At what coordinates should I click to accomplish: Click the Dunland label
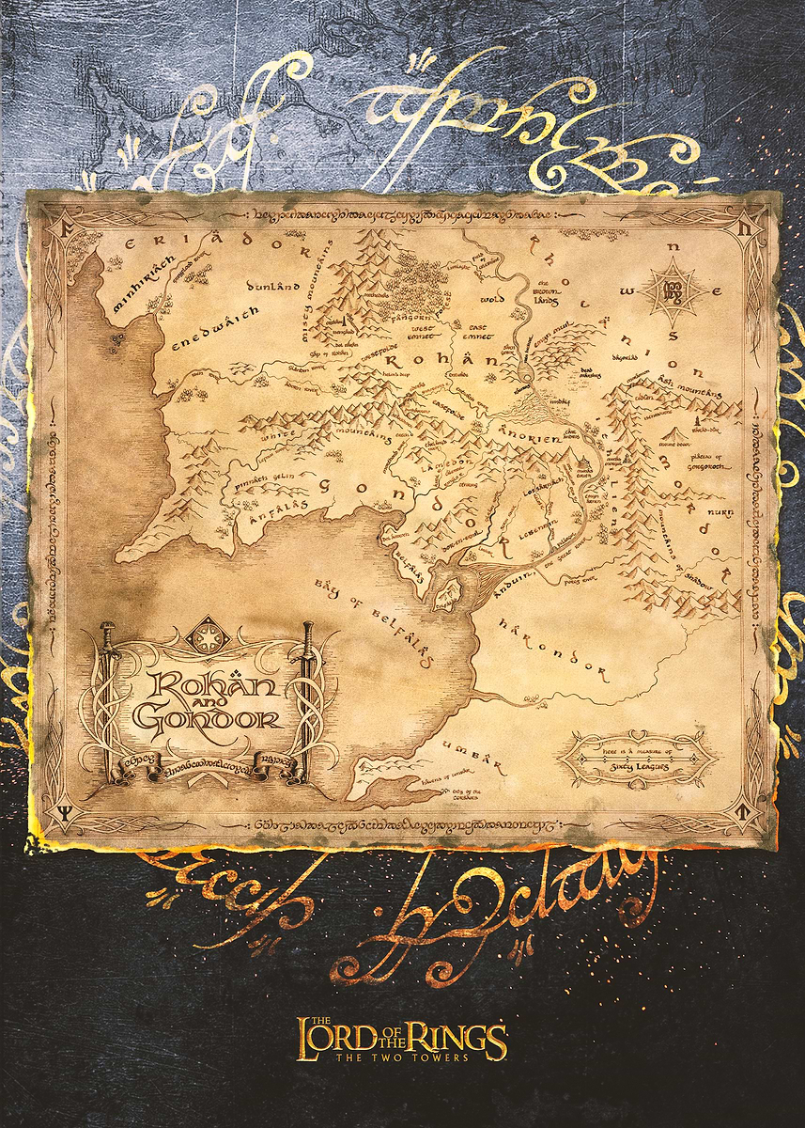[271, 284]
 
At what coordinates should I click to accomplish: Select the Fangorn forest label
[411, 320]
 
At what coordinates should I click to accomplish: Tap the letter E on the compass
[717, 292]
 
